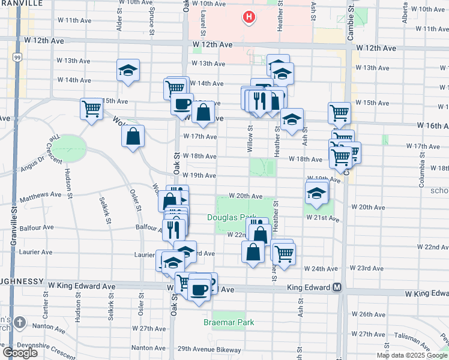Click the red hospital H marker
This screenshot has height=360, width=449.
point(248,17)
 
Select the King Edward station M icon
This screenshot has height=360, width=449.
point(337,287)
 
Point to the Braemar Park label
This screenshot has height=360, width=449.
point(228,322)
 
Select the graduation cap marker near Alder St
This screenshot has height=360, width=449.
point(128,71)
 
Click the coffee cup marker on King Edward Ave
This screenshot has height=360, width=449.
point(199,290)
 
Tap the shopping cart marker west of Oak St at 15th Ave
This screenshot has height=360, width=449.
point(91,109)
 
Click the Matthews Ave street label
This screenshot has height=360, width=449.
point(41,196)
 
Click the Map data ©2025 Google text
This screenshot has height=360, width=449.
point(411,355)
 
